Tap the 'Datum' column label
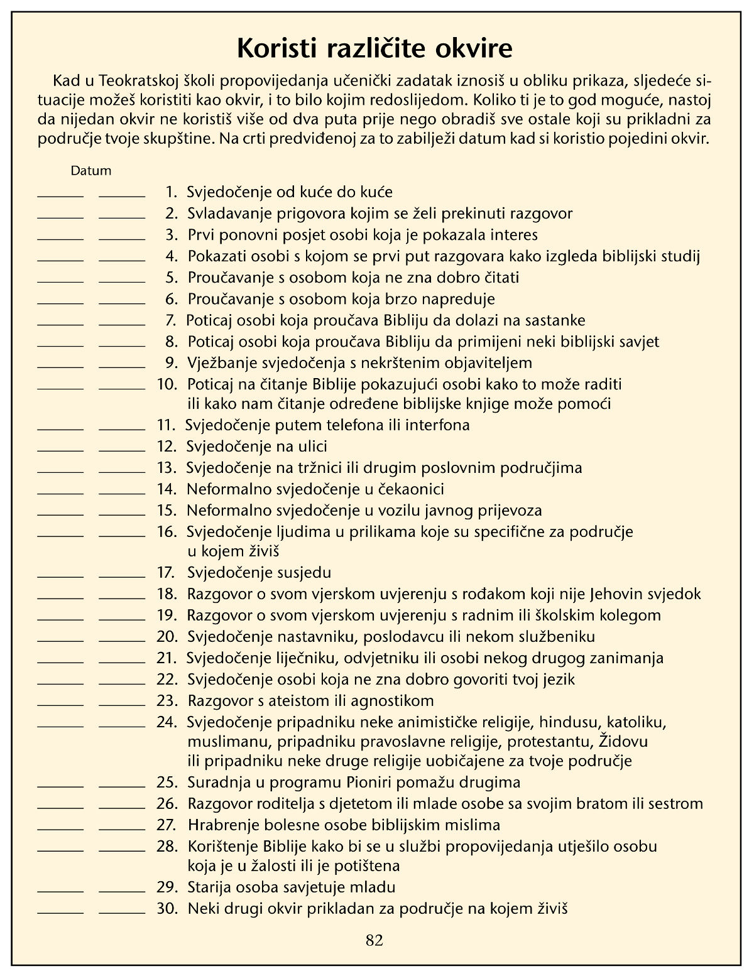(90, 170)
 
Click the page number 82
(374, 940)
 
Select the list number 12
(165, 447)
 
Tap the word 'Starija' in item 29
(210, 887)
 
